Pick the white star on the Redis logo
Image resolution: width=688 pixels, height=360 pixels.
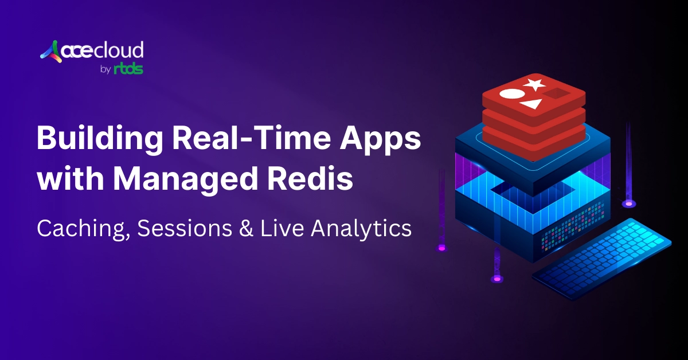pos(534,85)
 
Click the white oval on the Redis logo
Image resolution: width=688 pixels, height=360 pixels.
pos(511,94)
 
